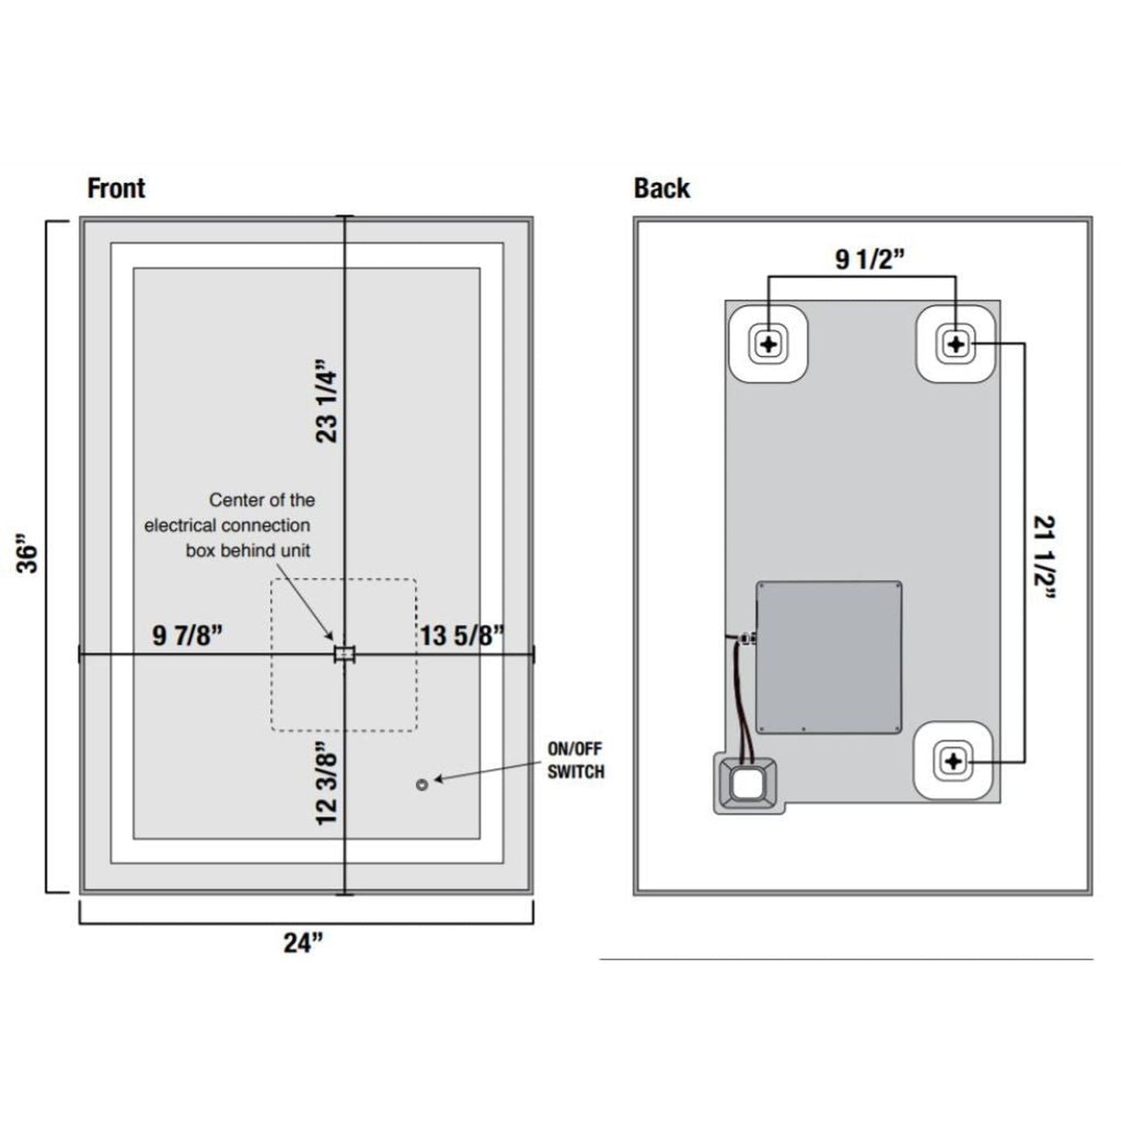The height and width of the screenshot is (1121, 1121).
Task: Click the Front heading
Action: (116, 188)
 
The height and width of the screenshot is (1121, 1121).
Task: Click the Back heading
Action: (662, 188)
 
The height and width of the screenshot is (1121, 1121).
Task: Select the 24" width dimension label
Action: (303, 943)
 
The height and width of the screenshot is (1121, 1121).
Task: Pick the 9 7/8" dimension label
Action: (188, 635)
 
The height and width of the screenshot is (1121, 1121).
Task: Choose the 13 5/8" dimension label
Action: (462, 635)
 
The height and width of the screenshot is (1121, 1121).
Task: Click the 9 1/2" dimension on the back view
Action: (870, 259)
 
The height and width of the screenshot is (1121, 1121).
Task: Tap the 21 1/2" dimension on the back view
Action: (1045, 557)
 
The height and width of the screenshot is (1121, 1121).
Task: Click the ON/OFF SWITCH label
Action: (576, 760)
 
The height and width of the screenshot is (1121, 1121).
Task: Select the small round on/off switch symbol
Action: (422, 785)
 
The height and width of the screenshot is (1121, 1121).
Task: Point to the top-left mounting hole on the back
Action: (769, 344)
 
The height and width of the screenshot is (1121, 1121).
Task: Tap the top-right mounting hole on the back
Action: (956, 344)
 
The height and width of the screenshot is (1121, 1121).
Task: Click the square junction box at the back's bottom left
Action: (746, 783)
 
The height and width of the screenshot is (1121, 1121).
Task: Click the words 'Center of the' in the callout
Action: (262, 500)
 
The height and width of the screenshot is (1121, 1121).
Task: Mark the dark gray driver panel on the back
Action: (829, 656)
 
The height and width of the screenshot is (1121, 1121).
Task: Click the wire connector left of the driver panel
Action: (747, 639)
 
